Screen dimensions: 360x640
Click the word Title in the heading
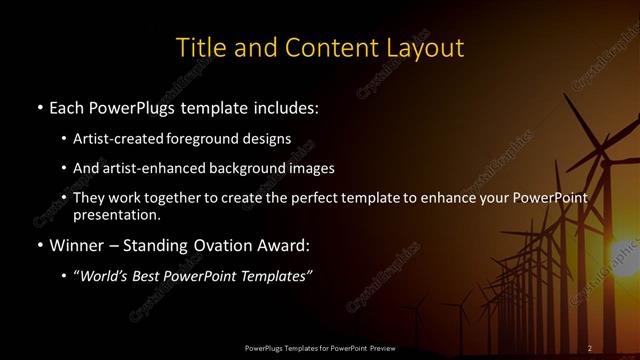[x=200, y=48]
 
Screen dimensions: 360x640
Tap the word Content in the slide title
[x=323, y=48]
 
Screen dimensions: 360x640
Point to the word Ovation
[x=226, y=244]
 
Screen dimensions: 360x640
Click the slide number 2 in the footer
[x=589, y=347]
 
